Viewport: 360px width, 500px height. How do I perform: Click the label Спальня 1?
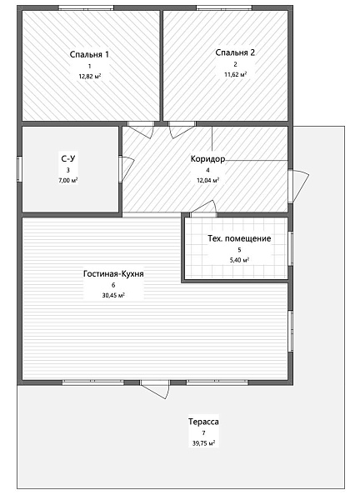click(89, 54)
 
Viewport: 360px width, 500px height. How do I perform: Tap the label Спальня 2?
click(235, 52)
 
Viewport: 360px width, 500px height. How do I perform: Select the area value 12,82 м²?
click(90, 76)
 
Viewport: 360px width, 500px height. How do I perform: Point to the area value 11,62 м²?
click(235, 75)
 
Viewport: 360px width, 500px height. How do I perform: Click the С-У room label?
click(68, 158)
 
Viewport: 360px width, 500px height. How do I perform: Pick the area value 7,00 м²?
click(68, 180)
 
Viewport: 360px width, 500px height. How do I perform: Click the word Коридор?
click(207, 158)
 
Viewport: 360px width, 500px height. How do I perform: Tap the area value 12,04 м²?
click(207, 180)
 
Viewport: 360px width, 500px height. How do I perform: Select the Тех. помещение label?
click(239, 238)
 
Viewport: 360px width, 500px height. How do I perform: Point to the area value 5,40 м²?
click(239, 260)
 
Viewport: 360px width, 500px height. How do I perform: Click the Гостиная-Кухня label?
click(113, 273)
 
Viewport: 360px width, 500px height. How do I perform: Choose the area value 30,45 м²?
click(113, 295)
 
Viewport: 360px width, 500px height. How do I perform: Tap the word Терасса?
click(203, 422)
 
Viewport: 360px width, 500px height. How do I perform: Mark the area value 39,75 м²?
click(203, 443)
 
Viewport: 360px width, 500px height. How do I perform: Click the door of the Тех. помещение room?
click(204, 209)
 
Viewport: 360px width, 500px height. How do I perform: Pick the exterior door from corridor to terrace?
click(297, 186)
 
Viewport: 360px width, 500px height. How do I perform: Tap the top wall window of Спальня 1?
click(86, 7)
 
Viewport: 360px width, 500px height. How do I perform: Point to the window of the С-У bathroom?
click(19, 169)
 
